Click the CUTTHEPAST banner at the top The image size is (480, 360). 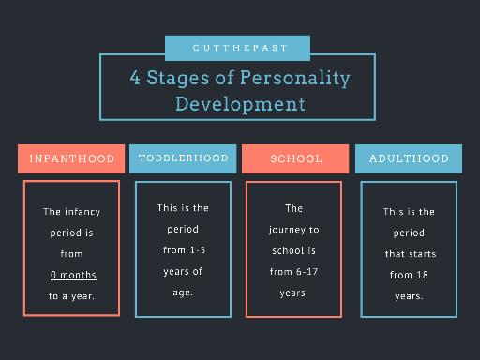(237, 48)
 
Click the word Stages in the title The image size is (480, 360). (178, 78)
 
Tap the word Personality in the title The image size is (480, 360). (295, 78)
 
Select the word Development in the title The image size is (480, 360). (240, 104)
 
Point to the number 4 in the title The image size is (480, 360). (135, 77)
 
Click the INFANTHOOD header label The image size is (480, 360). (71, 158)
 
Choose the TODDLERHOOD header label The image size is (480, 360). (183, 158)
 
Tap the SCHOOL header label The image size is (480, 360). (295, 158)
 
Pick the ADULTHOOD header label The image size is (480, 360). (409, 158)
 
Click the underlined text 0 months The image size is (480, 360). (73, 275)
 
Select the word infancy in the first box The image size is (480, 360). (82, 212)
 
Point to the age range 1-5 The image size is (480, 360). (198, 250)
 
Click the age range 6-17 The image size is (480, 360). (307, 272)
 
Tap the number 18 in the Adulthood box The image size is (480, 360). (422, 275)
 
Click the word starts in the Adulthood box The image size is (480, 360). (422, 254)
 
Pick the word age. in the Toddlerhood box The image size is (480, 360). (183, 292)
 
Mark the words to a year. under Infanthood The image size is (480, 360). (71, 296)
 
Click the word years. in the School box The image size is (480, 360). (294, 293)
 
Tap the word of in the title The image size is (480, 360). (225, 78)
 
